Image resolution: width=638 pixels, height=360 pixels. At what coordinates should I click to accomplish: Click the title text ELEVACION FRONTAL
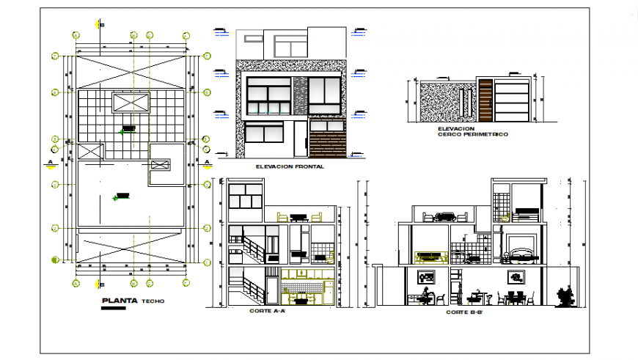coord(290,167)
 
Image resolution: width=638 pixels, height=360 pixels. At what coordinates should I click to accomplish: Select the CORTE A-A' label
coord(268,311)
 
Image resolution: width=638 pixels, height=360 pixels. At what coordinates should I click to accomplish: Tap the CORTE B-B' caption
coord(463,312)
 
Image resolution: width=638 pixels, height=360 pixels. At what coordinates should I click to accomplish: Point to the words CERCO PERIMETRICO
coord(472,135)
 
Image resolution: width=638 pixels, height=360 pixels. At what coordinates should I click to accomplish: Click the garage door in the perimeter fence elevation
coord(512,101)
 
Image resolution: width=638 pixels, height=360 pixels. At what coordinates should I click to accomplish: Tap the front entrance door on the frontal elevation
coord(300,139)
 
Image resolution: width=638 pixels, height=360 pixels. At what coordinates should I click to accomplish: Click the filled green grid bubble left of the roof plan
coord(54,259)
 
